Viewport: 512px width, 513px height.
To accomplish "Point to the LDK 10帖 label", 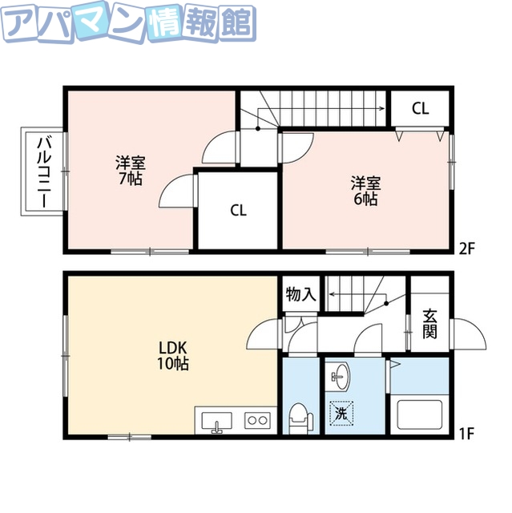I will coord(172,355).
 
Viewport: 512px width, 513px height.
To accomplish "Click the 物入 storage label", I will coord(301,295).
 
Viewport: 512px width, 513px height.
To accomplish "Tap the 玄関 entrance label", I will coord(430,322).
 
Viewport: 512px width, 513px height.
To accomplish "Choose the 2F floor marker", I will coord(467,247).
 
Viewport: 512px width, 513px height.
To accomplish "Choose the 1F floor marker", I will coord(467,435).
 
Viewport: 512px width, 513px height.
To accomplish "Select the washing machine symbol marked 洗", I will coord(341,414).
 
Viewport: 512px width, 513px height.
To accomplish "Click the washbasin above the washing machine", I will coord(341,374).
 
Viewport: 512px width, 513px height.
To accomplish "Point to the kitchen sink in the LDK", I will coord(216,420).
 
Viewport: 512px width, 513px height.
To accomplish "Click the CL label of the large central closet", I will coord(238,212).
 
